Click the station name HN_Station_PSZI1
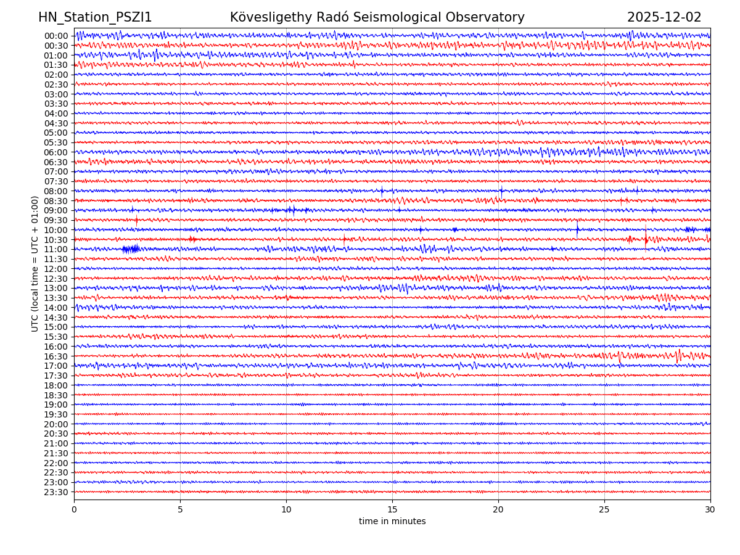(95, 17)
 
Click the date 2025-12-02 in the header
(664, 17)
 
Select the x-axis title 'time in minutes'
(392, 522)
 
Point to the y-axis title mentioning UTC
(35, 263)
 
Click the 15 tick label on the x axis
(392, 509)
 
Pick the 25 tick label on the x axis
(604, 509)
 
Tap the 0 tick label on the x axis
(74, 509)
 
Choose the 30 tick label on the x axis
(710, 509)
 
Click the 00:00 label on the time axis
(55, 36)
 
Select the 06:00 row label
(55, 152)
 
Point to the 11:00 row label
(55, 250)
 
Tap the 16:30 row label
(55, 356)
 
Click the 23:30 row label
(55, 492)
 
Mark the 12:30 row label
(55, 279)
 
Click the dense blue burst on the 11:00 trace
(131, 249)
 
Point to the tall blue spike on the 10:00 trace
(578, 229)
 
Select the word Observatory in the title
(491, 17)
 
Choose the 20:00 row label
(55, 424)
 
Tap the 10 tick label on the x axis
(286, 509)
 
